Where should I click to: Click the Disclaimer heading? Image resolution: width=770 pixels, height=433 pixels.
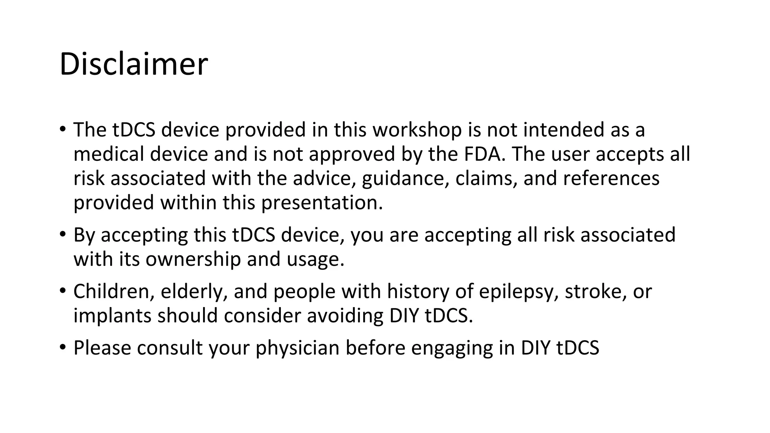[133, 64]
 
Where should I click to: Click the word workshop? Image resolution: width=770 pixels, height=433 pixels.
[417, 130]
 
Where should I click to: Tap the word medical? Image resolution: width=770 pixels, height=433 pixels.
[109, 154]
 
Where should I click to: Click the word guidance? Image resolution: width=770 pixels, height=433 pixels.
[405, 179]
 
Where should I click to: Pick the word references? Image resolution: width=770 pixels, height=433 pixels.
[611, 178]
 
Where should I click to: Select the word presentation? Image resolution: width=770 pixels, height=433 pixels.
[322, 203]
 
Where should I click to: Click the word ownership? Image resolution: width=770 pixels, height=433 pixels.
[193, 259]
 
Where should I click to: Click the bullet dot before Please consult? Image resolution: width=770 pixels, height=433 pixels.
[62, 347]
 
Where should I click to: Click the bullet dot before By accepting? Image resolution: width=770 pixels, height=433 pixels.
[62, 234]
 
